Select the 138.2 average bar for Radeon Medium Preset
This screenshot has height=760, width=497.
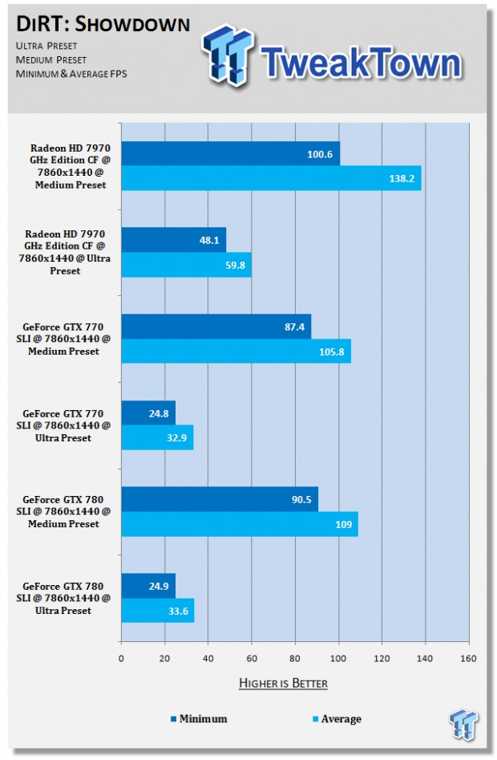click(x=270, y=178)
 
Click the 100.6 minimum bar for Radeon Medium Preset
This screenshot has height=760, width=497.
click(x=230, y=153)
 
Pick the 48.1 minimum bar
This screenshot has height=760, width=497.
click(x=173, y=239)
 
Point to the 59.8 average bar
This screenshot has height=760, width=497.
click(x=186, y=264)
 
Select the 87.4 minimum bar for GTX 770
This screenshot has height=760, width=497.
click(x=216, y=327)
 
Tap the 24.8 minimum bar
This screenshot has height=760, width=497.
click(x=147, y=413)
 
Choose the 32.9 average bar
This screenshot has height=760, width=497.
click(x=156, y=438)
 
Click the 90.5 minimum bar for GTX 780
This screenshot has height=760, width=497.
click(x=219, y=499)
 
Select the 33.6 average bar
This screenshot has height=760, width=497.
click(x=157, y=611)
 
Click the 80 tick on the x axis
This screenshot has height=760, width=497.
click(x=295, y=659)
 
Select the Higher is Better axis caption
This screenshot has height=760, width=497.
click(x=284, y=683)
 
